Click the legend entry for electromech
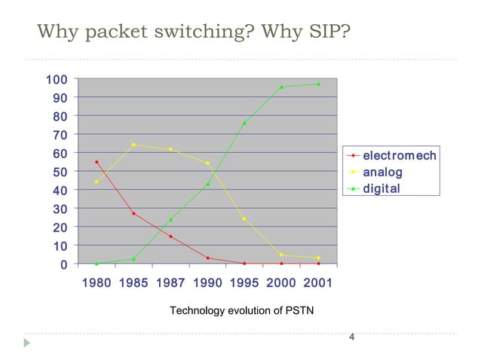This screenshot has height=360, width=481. coord(399,156)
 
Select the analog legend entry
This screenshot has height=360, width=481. coord(383,172)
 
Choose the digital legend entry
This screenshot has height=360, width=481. coord(381,188)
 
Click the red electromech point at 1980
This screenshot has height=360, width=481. coord(97,162)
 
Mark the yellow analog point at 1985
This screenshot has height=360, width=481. coord(133,145)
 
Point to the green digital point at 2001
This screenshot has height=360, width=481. coord(318,84)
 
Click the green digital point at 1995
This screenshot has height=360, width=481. coord(244,123)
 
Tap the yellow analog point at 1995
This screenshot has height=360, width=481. coord(244,219)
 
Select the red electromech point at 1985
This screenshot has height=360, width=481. coord(133,213)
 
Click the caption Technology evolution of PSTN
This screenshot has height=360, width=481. coord(236,310)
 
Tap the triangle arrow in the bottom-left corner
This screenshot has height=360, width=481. coord(28,343)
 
